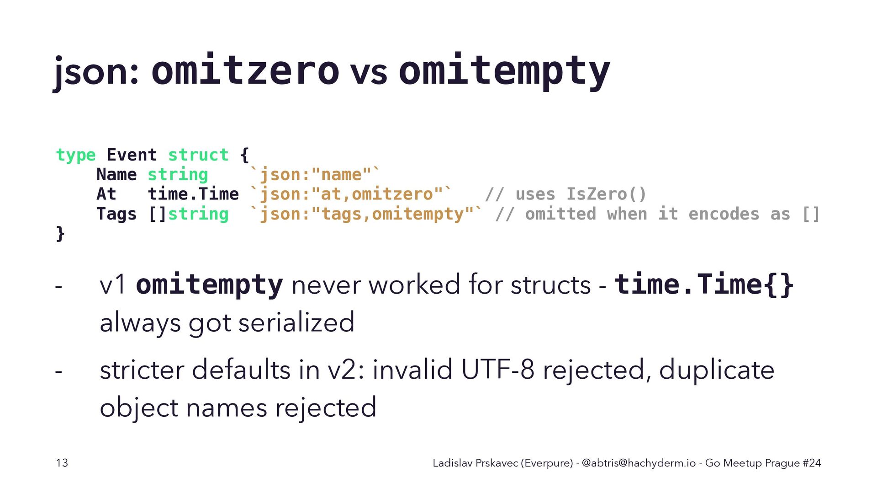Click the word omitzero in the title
(x=245, y=70)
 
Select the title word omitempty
(x=504, y=71)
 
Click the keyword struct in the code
(x=198, y=155)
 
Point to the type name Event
(x=132, y=155)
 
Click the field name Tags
(x=116, y=214)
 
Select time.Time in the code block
(x=193, y=194)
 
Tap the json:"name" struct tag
(x=315, y=174)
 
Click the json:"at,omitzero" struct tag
(x=351, y=194)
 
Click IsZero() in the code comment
(x=606, y=194)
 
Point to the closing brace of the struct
(x=60, y=233)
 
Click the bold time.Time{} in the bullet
(x=704, y=285)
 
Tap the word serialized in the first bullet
(x=296, y=322)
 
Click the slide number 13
(x=62, y=463)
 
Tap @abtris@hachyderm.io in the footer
(x=639, y=463)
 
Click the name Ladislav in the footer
(x=453, y=463)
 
